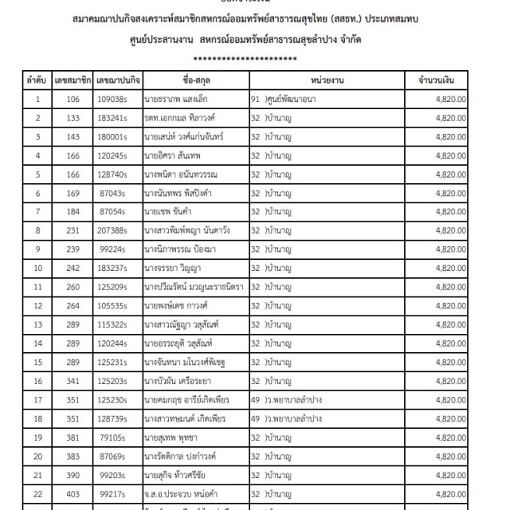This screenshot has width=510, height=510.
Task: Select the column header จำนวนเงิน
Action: (x=430, y=81)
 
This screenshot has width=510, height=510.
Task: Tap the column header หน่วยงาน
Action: (x=323, y=81)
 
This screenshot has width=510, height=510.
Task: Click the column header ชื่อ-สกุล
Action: (x=194, y=81)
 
